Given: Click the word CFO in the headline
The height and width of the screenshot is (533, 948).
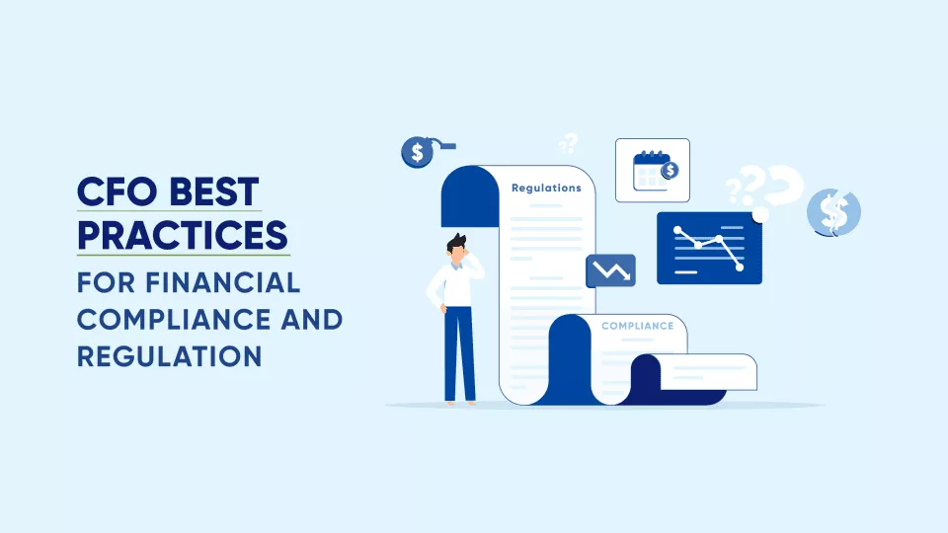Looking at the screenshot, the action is point(118,191).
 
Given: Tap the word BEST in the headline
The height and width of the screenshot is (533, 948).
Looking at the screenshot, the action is point(214,191).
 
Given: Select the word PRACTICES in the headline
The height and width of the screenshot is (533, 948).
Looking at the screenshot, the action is point(183,235).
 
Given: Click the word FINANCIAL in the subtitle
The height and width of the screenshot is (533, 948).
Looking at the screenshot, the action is point(223,283).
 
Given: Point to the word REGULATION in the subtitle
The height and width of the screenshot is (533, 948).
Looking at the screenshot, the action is point(169,356).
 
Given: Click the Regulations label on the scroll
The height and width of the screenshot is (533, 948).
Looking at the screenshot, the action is point(546,188).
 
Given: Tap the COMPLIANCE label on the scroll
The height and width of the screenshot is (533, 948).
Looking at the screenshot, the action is point(637,326).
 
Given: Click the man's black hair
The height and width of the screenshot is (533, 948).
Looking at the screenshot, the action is point(456,243).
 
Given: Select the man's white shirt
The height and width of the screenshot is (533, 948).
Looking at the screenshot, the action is point(454,283).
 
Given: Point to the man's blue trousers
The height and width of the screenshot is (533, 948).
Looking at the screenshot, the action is point(459,353).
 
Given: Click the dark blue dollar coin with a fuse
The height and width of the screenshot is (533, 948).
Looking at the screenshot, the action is point(417,152).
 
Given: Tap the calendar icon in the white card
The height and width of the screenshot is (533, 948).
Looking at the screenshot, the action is point(653,171).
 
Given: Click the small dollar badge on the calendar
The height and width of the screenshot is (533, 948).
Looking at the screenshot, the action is point(670,171).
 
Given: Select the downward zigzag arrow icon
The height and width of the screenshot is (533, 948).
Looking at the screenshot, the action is point(610,270).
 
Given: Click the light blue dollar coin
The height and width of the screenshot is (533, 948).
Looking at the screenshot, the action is point(833,212).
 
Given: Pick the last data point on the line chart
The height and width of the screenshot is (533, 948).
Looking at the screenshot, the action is point(740,267).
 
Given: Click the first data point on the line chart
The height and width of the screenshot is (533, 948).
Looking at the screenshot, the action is point(677,230).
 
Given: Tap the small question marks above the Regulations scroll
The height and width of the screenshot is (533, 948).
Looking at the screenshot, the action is point(569,144).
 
